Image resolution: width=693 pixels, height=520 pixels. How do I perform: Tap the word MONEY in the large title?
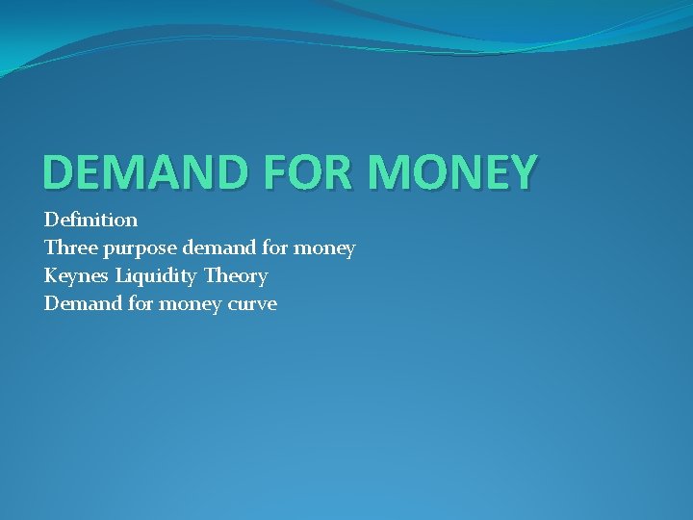pos(452,172)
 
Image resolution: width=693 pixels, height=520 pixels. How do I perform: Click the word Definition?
pos(90,220)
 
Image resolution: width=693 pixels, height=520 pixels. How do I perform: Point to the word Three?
pos(68,248)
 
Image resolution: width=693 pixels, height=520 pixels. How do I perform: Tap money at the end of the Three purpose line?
pos(324,249)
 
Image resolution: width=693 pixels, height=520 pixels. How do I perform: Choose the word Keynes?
pos(77,277)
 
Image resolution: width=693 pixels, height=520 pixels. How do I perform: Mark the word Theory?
pos(236,277)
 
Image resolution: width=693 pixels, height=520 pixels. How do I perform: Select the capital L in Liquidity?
pos(120,276)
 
